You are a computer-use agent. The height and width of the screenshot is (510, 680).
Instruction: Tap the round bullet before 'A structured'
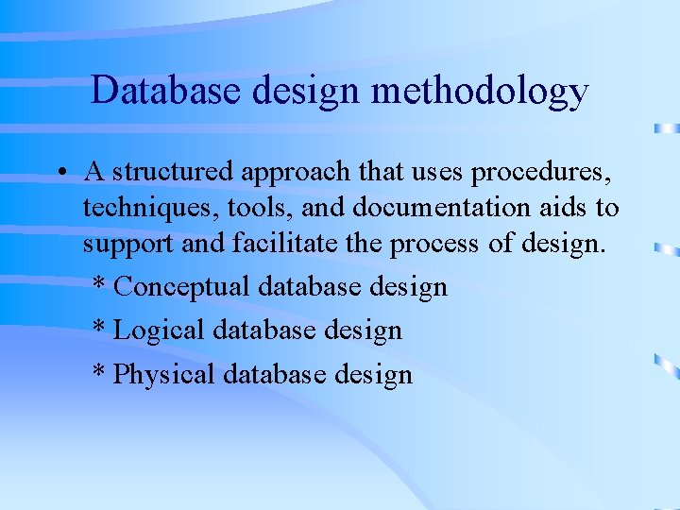click(59, 174)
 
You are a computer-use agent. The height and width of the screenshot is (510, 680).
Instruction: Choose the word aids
click(563, 208)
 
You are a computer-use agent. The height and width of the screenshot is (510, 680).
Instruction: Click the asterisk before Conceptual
click(99, 283)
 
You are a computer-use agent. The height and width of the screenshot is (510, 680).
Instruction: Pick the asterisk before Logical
click(99, 327)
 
